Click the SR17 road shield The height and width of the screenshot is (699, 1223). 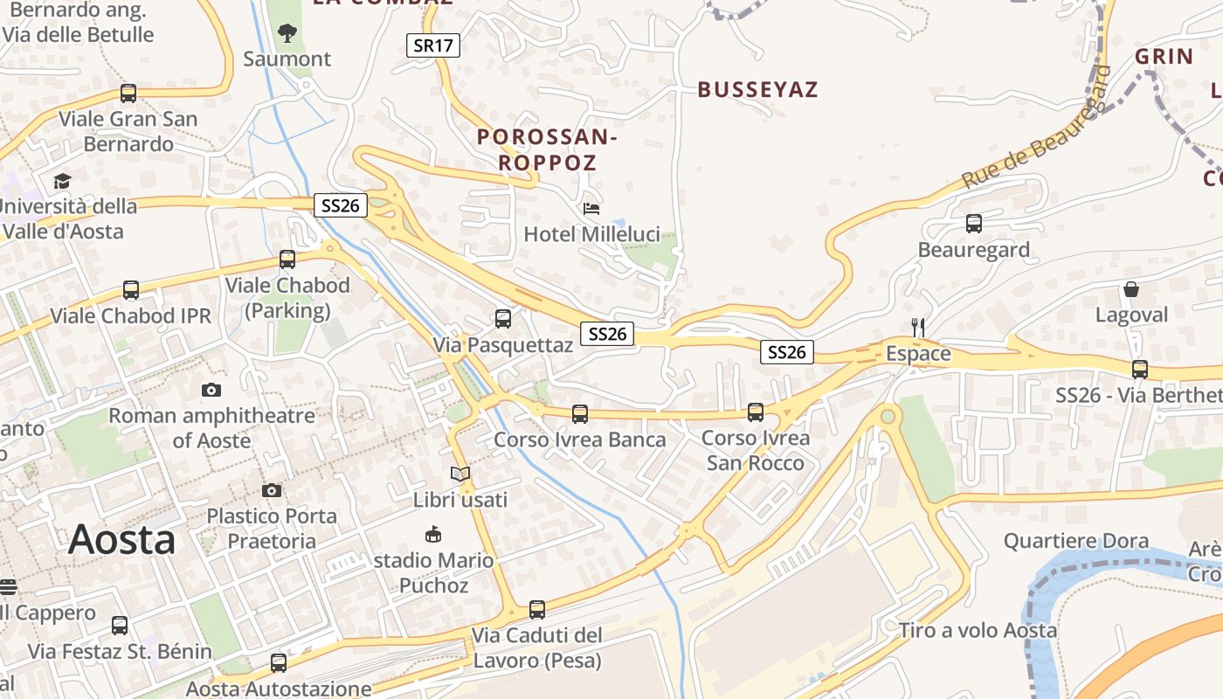coord(433,45)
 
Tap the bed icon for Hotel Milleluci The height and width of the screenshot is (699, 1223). coord(591,208)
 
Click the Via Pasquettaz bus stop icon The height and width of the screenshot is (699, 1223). coord(503,319)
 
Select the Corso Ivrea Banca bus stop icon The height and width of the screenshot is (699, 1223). coord(580,413)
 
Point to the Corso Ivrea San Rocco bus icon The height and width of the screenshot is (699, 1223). coord(756,412)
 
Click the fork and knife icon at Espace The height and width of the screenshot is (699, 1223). coord(918,328)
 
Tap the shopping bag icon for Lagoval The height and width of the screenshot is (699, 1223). coord(1131,289)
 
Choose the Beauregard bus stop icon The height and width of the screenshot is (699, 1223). coord(974,224)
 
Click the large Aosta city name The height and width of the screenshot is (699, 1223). coord(122,539)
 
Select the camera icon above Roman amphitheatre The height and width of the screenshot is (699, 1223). coord(211,390)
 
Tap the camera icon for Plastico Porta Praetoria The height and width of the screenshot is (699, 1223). coord(272,490)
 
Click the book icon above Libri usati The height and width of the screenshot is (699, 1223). coord(460,474)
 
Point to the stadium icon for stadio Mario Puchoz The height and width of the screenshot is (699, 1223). coord(432,534)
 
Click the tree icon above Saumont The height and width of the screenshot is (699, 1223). coord(287,33)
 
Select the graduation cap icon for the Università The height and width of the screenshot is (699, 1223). coord(62,181)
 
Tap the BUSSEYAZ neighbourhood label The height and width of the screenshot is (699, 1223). coord(757,89)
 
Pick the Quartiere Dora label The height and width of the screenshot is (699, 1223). coord(1076,541)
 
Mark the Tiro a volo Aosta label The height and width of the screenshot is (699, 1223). coord(978,630)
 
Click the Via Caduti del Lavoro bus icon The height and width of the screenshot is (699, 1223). coord(537,609)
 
